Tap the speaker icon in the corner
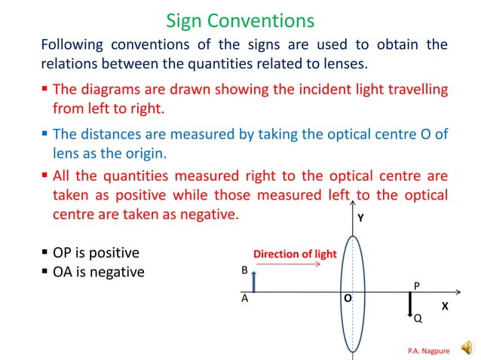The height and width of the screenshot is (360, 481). [467, 346]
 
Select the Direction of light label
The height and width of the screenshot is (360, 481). [295, 254]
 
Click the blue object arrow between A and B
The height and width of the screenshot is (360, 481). [254, 282]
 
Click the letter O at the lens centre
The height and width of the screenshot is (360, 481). [348, 298]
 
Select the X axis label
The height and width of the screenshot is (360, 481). [445, 307]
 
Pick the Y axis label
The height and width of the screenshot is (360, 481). [360, 218]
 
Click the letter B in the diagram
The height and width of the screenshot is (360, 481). [244, 270]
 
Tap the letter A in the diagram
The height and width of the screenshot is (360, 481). [244, 299]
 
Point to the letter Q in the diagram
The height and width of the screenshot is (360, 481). [418, 319]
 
